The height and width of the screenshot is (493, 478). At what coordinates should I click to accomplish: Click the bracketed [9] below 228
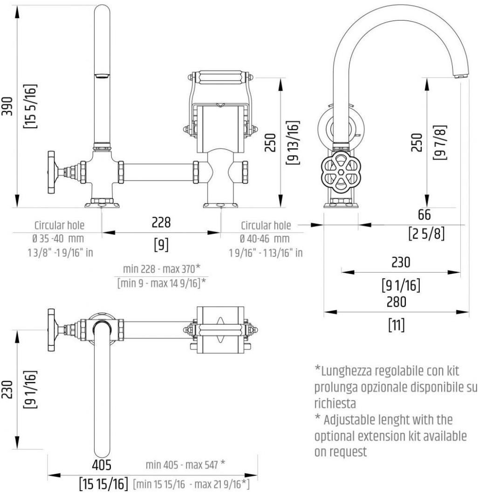161,245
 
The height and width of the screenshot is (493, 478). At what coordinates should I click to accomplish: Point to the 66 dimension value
424,214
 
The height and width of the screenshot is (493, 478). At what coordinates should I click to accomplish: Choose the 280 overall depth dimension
396,301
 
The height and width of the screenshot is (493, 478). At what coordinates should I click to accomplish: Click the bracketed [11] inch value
396,324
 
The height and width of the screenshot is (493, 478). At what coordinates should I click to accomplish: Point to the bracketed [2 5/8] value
424,233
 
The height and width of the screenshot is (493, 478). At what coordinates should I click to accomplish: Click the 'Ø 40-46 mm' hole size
265,239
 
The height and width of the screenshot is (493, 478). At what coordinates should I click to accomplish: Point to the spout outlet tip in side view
460,75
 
